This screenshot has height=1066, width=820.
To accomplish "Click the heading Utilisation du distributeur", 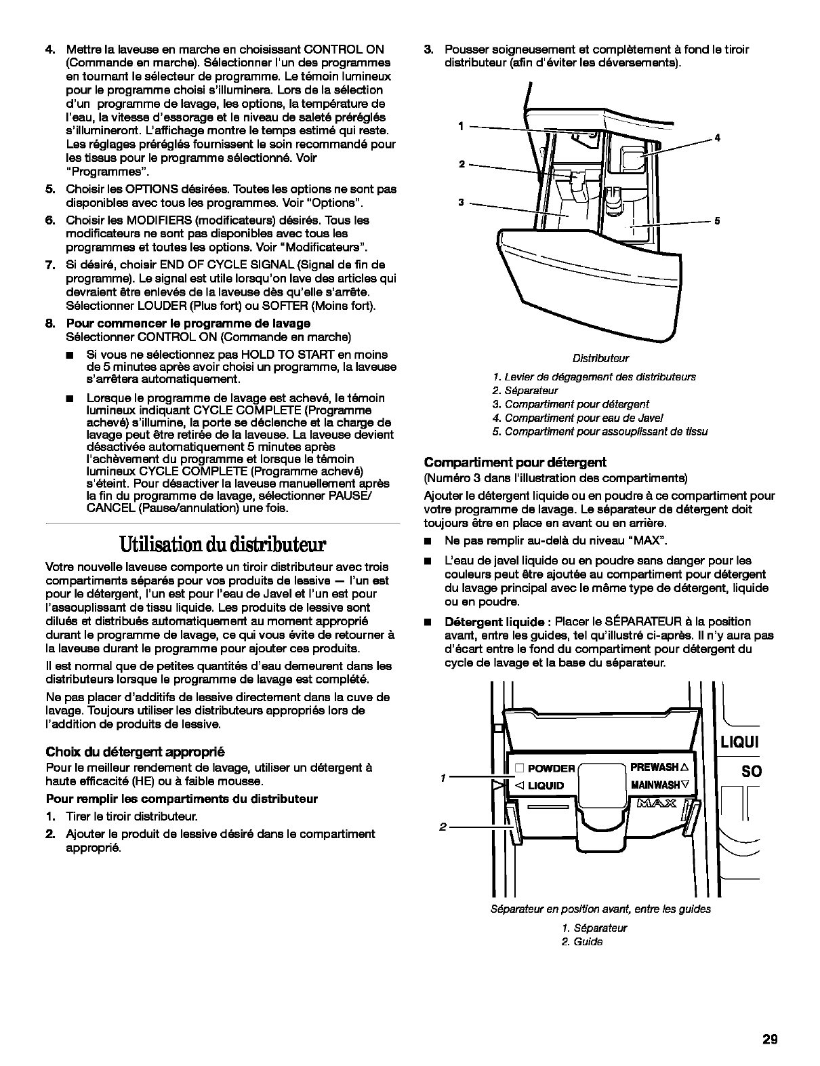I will [223, 545].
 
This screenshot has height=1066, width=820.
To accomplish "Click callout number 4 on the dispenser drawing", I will [717, 138].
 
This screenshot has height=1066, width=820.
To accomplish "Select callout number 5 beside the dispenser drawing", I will [717, 222].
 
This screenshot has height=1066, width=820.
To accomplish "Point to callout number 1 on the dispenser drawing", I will [461, 126].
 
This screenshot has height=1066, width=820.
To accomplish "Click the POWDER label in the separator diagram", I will [550, 768].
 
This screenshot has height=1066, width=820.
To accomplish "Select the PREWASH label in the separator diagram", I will [655, 767].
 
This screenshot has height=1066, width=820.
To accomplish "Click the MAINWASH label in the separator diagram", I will [655, 785].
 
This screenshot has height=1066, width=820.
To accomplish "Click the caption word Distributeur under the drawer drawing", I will [600, 358].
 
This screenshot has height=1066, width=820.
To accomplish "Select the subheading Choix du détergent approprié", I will [134, 751].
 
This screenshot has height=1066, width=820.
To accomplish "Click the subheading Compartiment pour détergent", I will [515, 462].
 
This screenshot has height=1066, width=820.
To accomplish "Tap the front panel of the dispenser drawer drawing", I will [590, 285].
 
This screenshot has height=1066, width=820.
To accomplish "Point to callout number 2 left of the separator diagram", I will [443, 827].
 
